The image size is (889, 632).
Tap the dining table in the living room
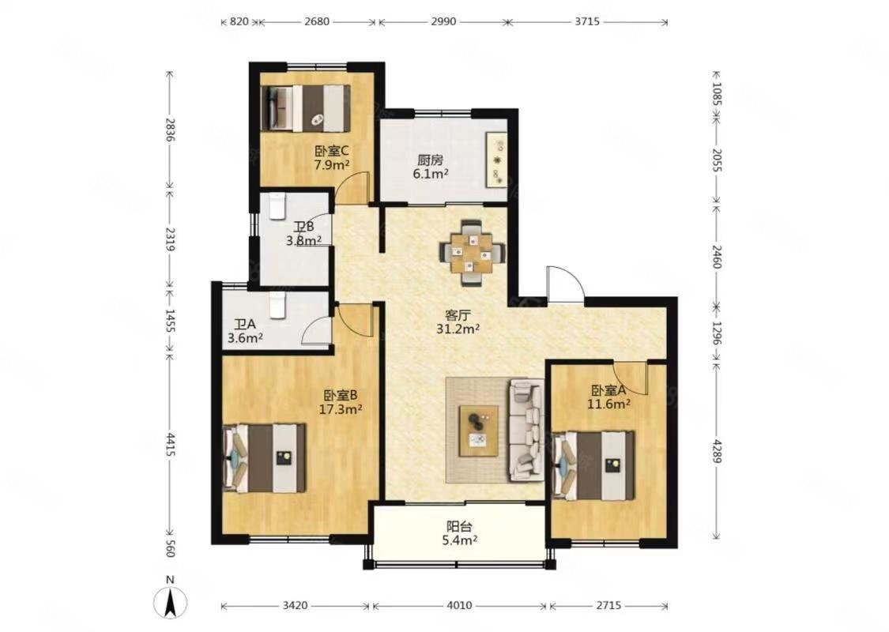pos(472,252)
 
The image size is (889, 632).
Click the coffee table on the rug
pos(479,431)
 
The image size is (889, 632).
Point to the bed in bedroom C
pos(304,107)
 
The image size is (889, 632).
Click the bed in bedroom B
pos(264,458)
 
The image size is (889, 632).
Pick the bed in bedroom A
pos(593,466)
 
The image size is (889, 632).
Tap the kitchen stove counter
pos(497,160)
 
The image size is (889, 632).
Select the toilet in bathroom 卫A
pos(277,306)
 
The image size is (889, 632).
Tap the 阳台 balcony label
pos(459,527)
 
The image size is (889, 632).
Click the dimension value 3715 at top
pos(587,21)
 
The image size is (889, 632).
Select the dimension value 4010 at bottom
pos(458,605)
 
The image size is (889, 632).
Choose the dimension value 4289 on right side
pos(716,450)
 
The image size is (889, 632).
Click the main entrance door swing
pos(565,285)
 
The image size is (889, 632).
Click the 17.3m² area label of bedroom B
pos(340,409)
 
